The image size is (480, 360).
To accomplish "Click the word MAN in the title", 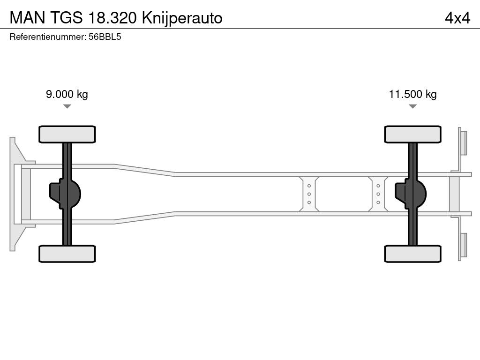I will click(26, 18).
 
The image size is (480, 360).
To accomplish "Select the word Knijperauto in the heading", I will click(183, 18).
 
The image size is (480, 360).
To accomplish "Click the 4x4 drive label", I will click(457, 18).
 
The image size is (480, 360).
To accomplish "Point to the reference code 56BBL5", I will click(105, 37).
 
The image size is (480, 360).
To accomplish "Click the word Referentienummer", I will click(47, 37).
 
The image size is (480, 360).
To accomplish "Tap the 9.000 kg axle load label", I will click(67, 94).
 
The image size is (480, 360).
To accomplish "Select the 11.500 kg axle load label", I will click(412, 94).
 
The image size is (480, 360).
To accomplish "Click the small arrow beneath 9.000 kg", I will click(67, 106).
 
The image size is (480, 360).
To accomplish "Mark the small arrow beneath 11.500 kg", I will click(412, 106).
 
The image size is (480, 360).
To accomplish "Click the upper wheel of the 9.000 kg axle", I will click(67, 134).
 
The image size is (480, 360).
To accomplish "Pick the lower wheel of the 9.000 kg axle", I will click(67, 254).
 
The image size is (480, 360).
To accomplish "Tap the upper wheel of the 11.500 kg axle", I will click(412, 134).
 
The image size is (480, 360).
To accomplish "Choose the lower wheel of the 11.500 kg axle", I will click(412, 254).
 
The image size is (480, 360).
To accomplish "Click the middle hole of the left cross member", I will click(309, 194).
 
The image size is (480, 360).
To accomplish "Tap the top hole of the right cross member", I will click(378, 186).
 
